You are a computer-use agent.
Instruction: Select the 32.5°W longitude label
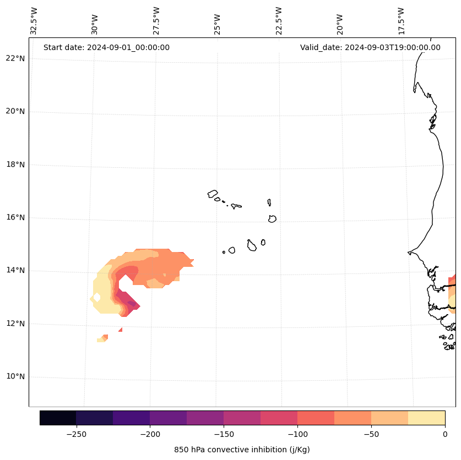point(34,21)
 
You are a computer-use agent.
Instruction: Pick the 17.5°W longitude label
point(402,21)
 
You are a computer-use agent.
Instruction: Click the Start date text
point(106,47)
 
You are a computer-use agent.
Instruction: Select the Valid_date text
point(370,47)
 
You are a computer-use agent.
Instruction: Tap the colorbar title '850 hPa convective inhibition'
point(242,450)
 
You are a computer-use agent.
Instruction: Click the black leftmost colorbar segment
point(58,418)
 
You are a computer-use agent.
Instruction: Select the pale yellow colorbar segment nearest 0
point(426,418)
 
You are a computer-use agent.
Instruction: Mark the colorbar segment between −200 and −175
point(168,418)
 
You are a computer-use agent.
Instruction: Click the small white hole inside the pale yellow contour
point(97,297)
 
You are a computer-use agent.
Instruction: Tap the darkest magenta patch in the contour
point(132,303)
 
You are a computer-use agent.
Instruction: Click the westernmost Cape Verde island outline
point(213,194)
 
